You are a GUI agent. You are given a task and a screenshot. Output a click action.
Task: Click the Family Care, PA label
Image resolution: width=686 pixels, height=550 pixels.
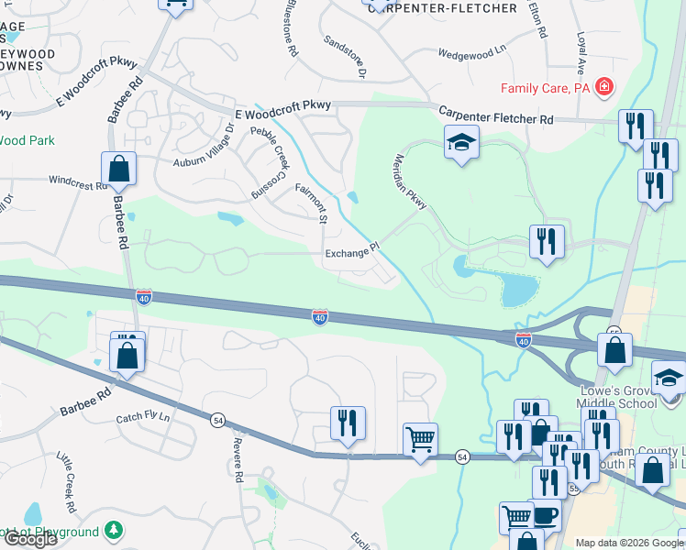tap(545, 89)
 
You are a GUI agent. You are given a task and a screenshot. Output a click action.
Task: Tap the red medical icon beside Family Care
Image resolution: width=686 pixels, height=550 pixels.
tap(604, 88)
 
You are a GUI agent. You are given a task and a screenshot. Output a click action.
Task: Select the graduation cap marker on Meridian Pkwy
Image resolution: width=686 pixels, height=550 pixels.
tap(461, 142)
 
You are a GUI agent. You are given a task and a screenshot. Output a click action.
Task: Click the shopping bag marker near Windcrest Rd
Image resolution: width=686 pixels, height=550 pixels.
tap(118, 169)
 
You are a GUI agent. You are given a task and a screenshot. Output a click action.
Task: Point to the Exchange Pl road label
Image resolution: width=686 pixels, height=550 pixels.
tap(351, 252)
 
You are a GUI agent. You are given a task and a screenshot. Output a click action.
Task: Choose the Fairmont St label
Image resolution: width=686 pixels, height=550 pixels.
tap(311, 203)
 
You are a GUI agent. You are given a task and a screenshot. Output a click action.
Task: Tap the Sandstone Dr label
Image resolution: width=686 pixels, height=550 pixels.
tap(345, 56)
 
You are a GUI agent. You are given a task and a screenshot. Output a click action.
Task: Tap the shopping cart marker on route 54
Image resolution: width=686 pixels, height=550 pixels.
tap(420, 440)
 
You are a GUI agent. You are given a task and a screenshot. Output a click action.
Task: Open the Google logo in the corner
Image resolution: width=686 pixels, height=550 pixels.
tap(29, 539)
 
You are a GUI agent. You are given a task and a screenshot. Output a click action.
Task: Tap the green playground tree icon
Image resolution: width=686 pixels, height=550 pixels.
tap(114, 530)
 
